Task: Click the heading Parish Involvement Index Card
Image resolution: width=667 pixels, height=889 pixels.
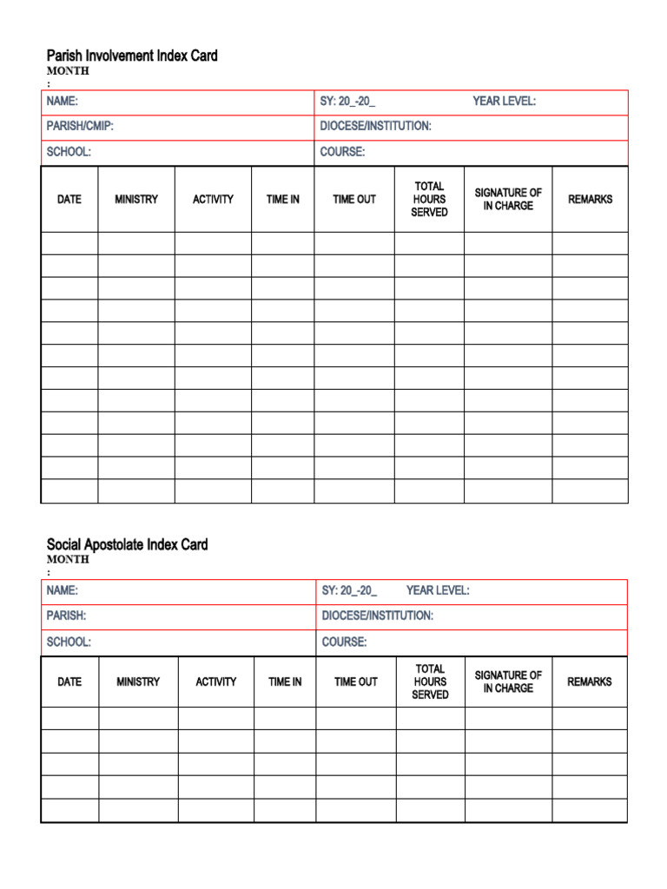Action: click(132, 56)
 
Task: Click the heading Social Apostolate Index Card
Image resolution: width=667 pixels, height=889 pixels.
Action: click(127, 544)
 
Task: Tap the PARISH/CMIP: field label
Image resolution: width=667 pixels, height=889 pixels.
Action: click(80, 126)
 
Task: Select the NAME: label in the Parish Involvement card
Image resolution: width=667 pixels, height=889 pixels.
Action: click(63, 102)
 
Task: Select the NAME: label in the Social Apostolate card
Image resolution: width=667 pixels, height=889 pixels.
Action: click(63, 590)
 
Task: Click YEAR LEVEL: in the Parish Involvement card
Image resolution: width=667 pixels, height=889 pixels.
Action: click(504, 102)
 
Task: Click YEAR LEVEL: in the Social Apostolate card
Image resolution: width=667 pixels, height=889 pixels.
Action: click(438, 590)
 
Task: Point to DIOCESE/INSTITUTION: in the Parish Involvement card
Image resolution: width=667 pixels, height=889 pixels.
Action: click(375, 126)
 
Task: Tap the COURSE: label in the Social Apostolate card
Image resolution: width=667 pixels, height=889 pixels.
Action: click(344, 642)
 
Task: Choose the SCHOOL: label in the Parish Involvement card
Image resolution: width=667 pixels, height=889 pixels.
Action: click(69, 152)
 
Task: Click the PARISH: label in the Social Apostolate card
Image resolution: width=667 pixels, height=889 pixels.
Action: click(66, 616)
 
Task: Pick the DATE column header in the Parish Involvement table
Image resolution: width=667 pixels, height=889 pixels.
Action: click(69, 199)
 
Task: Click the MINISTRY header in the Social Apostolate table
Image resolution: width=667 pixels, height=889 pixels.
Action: click(138, 682)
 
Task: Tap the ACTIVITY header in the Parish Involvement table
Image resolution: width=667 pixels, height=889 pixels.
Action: click(213, 199)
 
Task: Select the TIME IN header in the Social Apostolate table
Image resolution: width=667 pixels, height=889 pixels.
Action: click(285, 682)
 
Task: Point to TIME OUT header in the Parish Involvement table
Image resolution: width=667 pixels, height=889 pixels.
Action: click(354, 199)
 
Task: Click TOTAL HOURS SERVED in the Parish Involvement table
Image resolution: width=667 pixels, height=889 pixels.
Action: click(429, 199)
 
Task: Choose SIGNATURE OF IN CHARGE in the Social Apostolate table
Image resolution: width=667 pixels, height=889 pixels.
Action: click(508, 682)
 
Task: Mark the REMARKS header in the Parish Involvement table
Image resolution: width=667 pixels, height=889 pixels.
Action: click(590, 199)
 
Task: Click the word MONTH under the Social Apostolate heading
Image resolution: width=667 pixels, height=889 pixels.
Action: click(68, 559)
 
